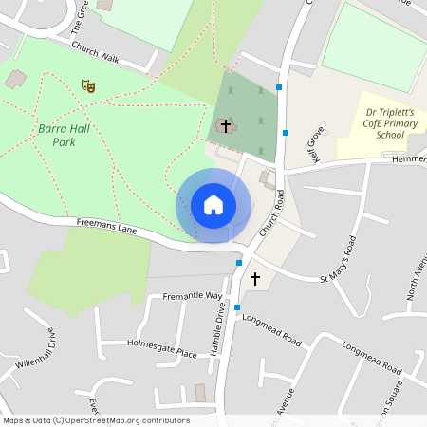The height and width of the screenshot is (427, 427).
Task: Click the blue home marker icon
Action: tap(213, 205)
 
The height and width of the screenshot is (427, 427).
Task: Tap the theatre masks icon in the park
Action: tap(88, 85)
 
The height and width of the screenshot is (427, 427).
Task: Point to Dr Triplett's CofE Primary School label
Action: tap(390, 122)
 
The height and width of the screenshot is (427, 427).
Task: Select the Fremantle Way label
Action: tap(192, 296)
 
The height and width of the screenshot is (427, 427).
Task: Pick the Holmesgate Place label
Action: tap(161, 347)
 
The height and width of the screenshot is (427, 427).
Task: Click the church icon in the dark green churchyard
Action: tap(225, 125)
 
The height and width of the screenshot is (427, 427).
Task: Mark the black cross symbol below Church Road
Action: tap(254, 278)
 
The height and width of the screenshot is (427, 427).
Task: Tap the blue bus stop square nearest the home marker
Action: tap(239, 263)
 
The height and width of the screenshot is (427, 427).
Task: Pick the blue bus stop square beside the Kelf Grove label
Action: tap(285, 133)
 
